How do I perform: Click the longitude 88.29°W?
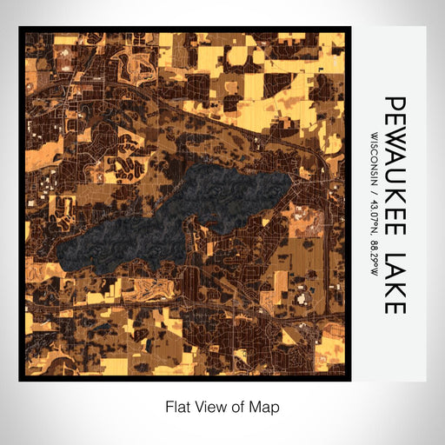click(x=375, y=251)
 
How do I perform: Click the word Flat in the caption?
click(x=177, y=405)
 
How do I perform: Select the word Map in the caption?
click(x=266, y=405)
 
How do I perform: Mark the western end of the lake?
click(x=59, y=254)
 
